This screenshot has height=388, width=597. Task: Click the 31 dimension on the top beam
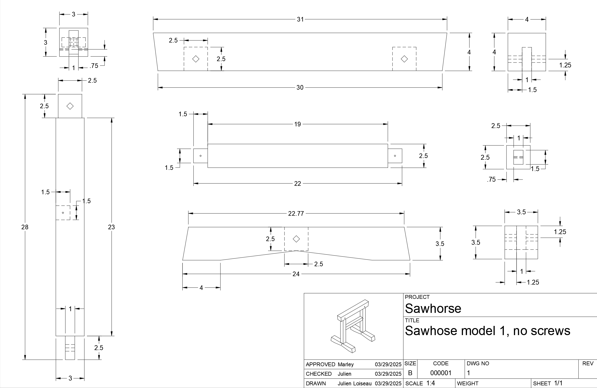(x=300, y=19)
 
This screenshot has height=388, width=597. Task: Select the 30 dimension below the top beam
(x=300, y=88)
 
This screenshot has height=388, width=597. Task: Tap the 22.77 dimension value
(x=296, y=214)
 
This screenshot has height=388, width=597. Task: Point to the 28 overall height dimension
(x=25, y=227)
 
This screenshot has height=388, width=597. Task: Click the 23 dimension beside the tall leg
(x=111, y=227)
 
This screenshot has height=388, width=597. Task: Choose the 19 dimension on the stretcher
(x=298, y=124)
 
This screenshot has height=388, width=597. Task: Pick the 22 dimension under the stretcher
(x=298, y=184)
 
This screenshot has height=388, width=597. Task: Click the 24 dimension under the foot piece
(x=296, y=274)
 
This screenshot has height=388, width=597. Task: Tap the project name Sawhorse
(x=433, y=309)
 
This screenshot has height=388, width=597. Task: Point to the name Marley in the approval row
(x=345, y=364)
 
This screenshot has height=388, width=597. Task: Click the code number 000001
(x=441, y=373)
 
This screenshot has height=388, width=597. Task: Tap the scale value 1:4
(x=431, y=383)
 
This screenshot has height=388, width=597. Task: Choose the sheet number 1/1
(x=558, y=383)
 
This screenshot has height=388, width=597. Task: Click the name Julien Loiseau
(x=355, y=383)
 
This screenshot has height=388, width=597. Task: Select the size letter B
(x=410, y=373)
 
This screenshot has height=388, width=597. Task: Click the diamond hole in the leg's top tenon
(x=70, y=106)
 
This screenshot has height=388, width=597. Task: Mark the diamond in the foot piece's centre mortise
(x=296, y=239)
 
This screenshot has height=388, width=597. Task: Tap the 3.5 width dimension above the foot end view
(x=521, y=212)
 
